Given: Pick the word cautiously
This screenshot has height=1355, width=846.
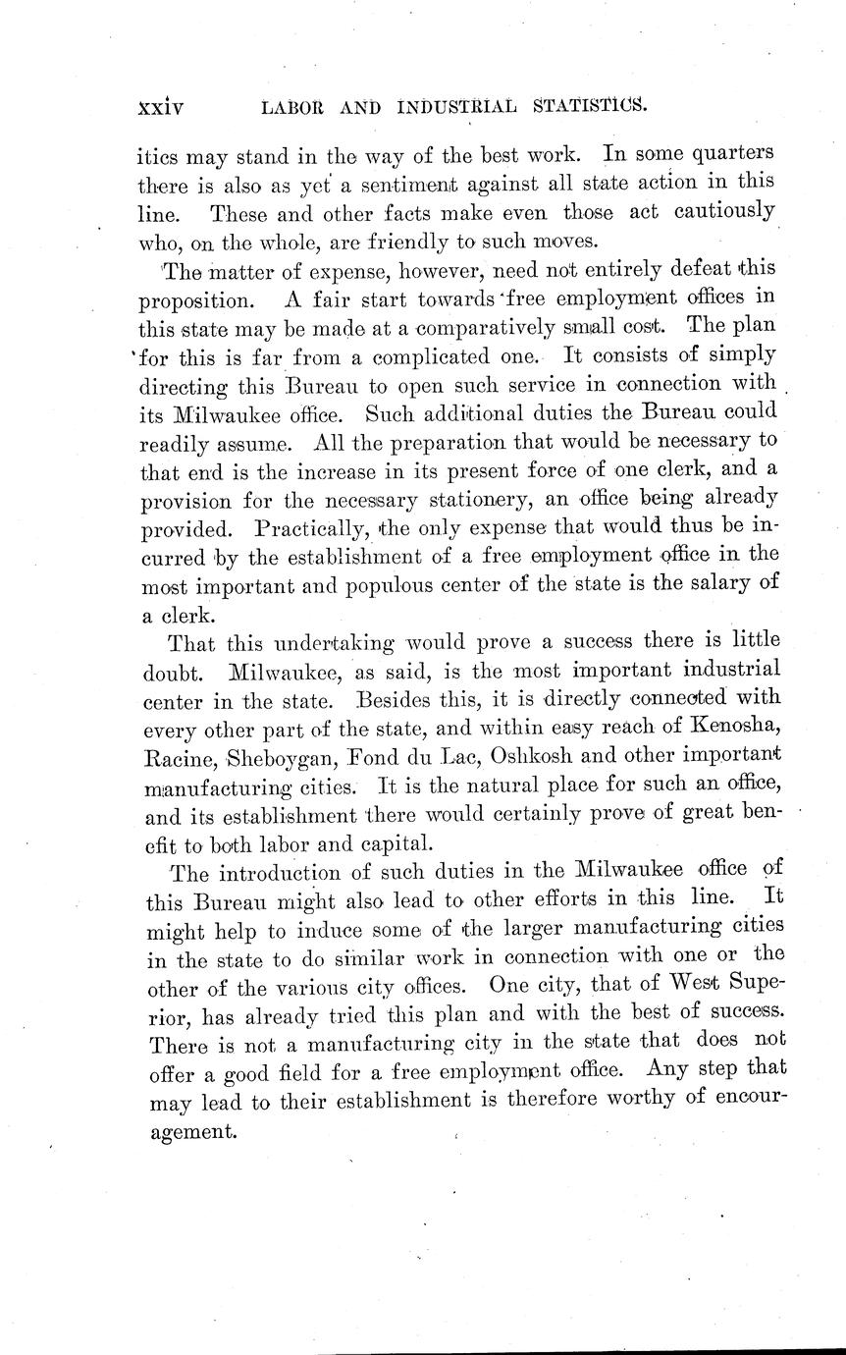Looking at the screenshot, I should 718,212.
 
